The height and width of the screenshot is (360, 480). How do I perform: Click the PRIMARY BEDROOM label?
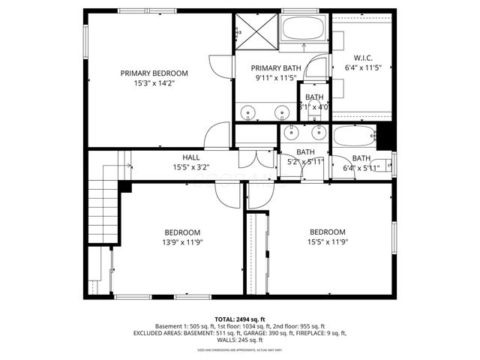154,73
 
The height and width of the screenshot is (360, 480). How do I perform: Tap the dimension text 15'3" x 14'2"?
154,84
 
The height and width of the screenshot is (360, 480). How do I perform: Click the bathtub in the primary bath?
303,30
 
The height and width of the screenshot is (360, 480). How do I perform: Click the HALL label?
190,157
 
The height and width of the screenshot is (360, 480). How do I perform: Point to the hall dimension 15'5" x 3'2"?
190,167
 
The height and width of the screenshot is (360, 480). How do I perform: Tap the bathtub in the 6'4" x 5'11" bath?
354,138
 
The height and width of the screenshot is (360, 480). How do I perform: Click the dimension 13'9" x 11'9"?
183,242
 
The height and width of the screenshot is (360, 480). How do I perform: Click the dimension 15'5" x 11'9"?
328,242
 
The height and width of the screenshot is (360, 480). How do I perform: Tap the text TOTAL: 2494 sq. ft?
240,319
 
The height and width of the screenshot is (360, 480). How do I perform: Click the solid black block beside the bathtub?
385,136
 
